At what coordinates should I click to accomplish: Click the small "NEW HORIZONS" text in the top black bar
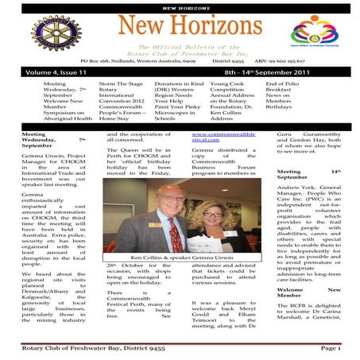tap(180, 7)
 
